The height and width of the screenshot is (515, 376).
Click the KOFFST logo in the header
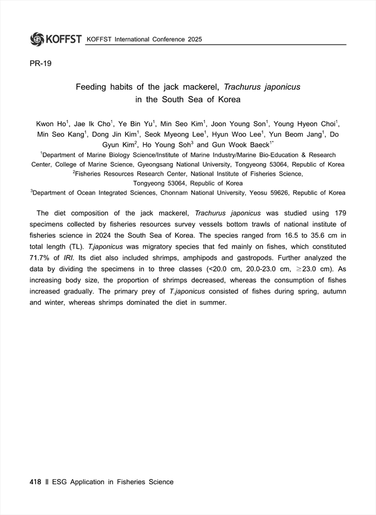coord(55,39)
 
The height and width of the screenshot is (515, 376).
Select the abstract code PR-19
coord(39,64)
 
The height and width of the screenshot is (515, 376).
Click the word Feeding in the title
coord(93,88)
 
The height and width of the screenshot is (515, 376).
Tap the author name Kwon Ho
coord(50,124)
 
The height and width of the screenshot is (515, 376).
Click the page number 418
coord(35,482)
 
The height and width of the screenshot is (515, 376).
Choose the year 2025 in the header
coord(199,40)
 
